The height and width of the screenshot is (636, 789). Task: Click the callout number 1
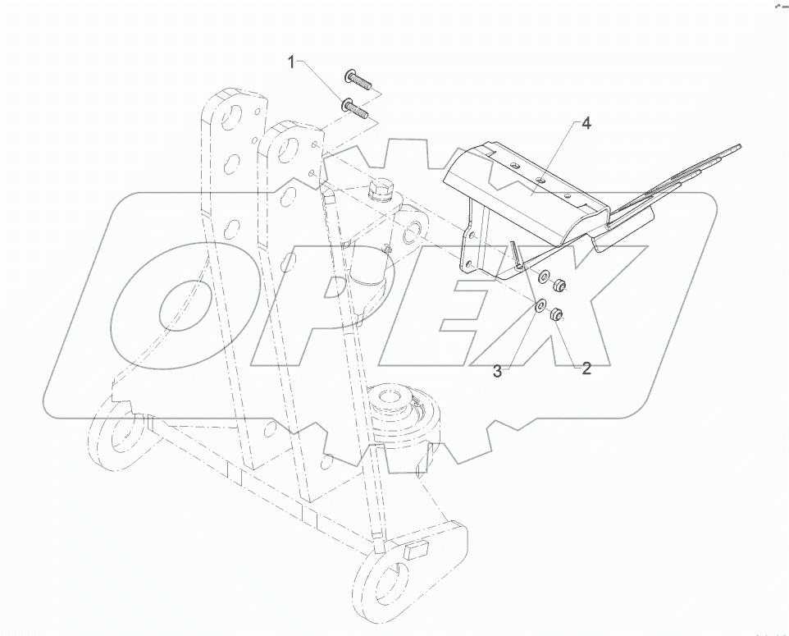pyautogui.click(x=292, y=61)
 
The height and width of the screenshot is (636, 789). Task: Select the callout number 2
pyautogui.click(x=586, y=368)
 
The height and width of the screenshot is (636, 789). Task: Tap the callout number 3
pyautogui.click(x=497, y=371)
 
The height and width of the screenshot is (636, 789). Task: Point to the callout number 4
pyautogui.click(x=586, y=124)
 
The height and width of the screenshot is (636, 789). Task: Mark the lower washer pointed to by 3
pyautogui.click(x=540, y=306)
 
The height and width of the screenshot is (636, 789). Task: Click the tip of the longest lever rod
pyautogui.click(x=738, y=146)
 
